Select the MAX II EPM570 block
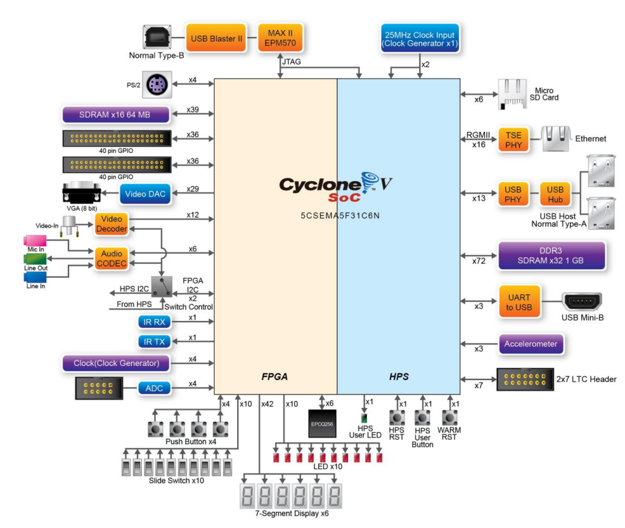(x=281, y=38)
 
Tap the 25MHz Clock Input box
(x=419, y=38)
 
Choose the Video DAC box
(x=144, y=193)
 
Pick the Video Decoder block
(x=111, y=224)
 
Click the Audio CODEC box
(x=111, y=258)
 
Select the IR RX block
(x=154, y=321)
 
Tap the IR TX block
(x=154, y=341)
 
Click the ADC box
(x=154, y=388)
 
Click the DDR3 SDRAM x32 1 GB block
(x=552, y=255)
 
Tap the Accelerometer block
(x=531, y=344)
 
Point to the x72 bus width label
(x=479, y=262)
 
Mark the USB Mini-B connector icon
(x=582, y=303)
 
